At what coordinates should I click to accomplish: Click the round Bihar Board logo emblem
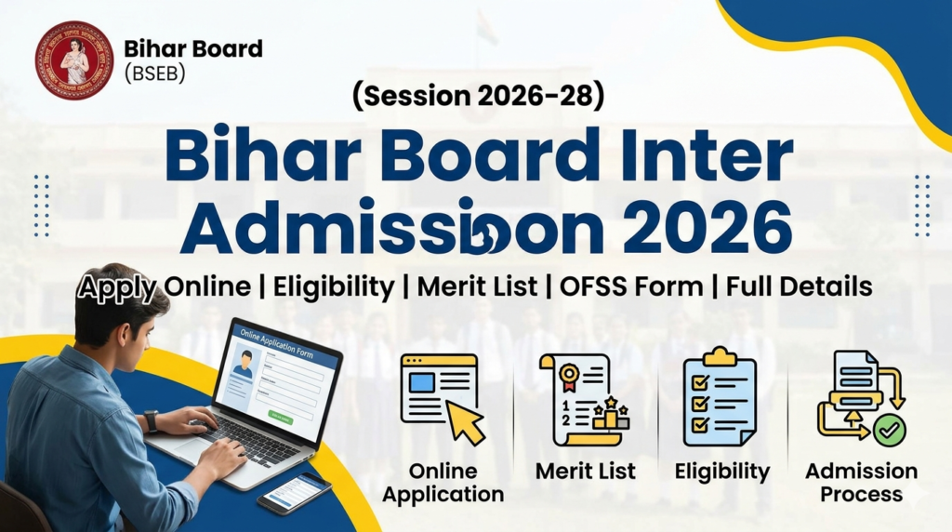click(74, 60)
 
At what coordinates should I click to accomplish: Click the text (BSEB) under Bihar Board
click(154, 74)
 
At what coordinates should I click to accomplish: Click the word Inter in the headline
click(706, 158)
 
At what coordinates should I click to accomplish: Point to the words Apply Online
click(164, 286)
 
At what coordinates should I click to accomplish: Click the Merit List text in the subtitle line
click(476, 286)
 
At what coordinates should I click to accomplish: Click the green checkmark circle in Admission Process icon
click(890, 431)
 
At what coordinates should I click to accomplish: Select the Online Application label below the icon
click(443, 483)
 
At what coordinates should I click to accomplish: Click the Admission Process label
click(861, 483)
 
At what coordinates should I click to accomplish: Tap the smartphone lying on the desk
click(294, 493)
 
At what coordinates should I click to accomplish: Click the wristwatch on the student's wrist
click(151, 420)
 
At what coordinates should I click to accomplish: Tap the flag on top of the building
click(486, 28)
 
